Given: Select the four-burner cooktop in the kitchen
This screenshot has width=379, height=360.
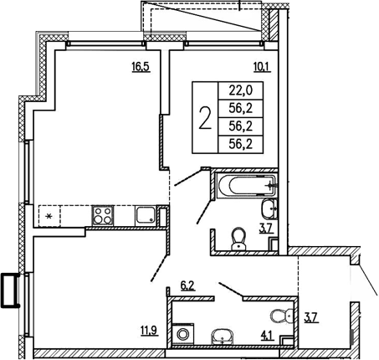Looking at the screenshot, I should [104, 214].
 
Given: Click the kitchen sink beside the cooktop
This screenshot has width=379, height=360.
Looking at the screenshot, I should [145, 215].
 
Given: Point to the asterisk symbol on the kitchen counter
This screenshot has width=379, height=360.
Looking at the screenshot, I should [49, 217].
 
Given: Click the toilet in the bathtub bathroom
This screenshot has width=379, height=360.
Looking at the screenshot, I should [238, 239].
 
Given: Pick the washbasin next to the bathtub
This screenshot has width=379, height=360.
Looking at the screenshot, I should [269, 209].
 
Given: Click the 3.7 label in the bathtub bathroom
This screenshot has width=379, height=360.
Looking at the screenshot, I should [265, 227].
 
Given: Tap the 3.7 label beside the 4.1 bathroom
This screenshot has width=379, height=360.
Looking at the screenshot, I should [310, 317].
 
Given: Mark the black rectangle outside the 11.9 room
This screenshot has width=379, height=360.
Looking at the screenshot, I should [11, 291].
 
